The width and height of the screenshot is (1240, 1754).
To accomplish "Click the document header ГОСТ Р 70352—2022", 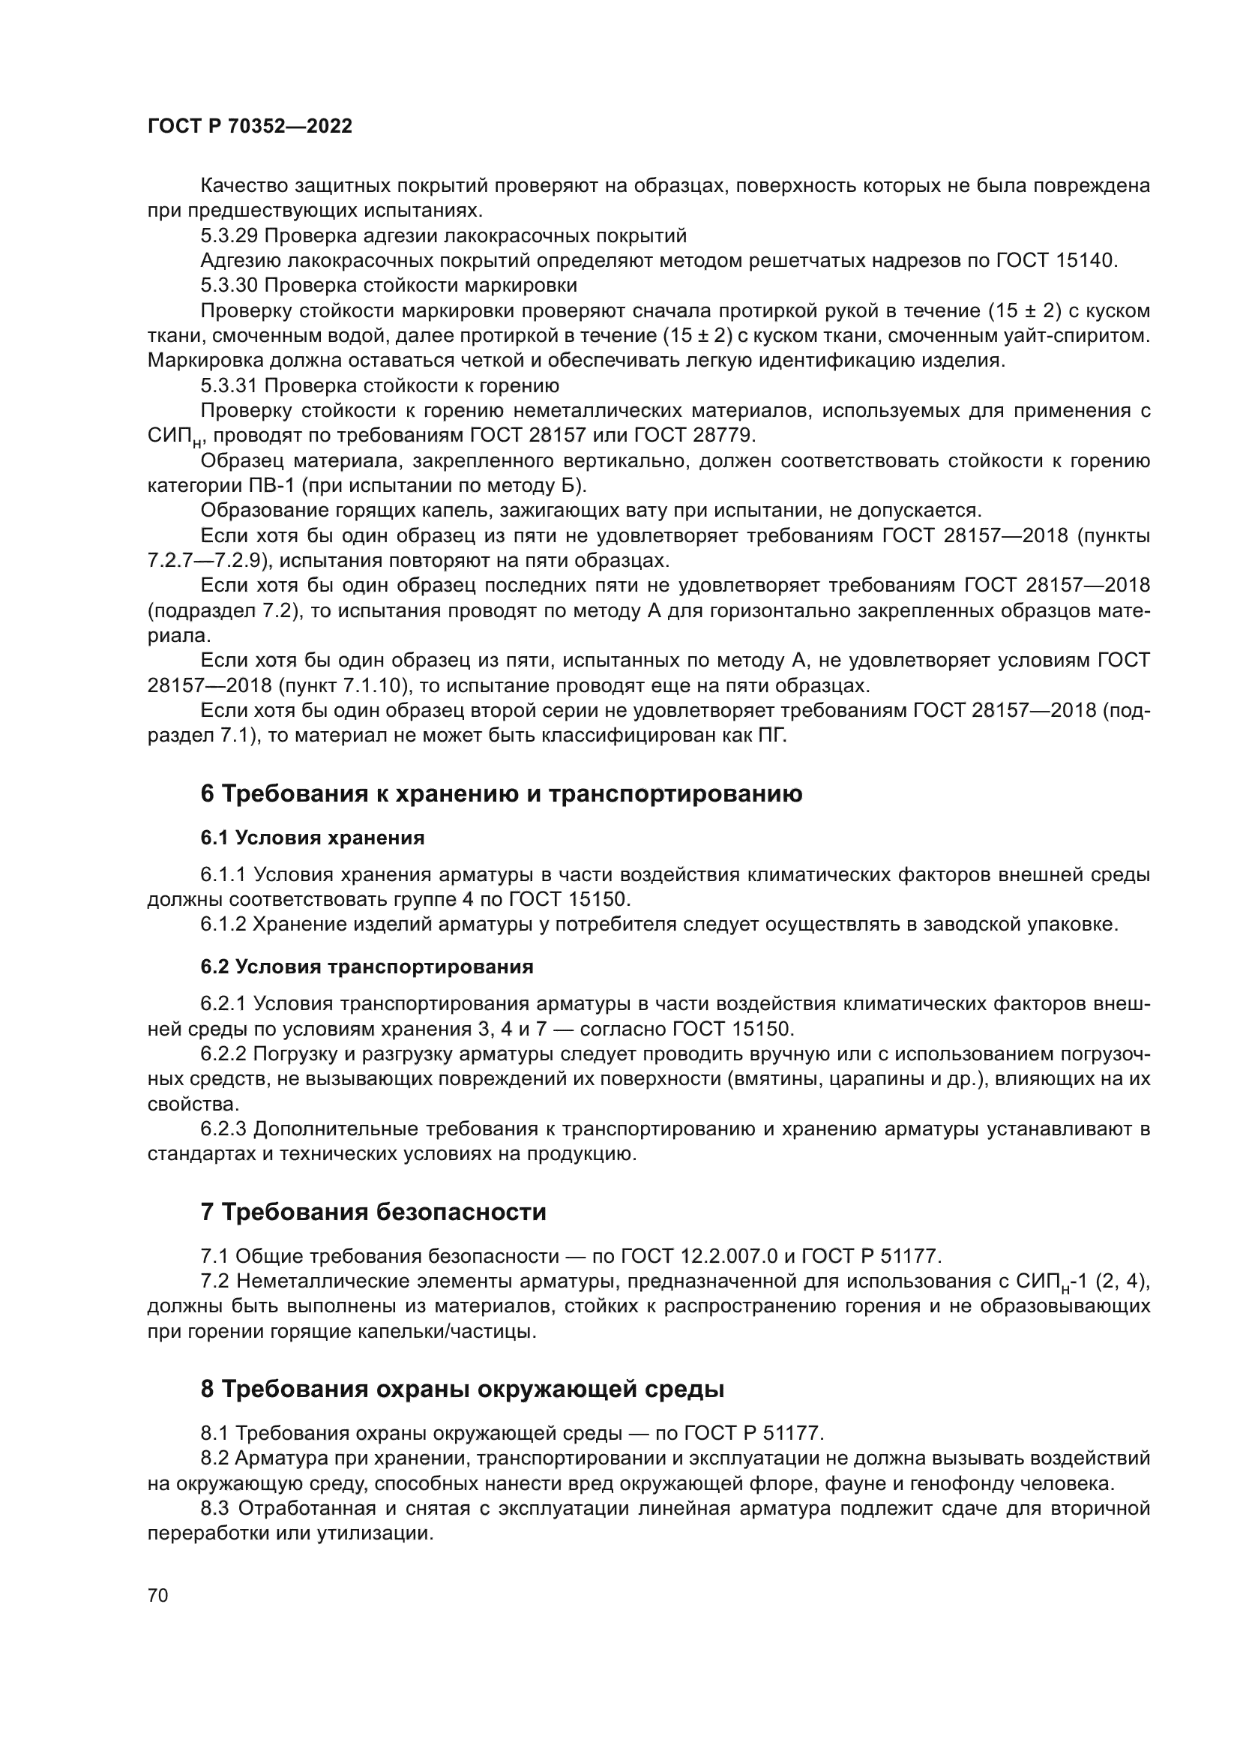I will (x=250, y=127).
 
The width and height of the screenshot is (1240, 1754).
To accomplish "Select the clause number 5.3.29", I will (x=229, y=235).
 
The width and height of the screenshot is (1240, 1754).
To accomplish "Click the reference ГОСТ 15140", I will (x=1057, y=260).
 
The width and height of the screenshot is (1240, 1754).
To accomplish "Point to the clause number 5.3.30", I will (x=229, y=286).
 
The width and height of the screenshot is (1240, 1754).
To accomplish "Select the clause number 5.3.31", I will (x=229, y=385).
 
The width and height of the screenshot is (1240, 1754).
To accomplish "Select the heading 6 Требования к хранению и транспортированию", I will (x=501, y=794).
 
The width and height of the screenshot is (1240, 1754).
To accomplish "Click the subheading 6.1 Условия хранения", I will (x=313, y=838).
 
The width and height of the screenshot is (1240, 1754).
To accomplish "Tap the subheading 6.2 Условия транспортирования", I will (x=367, y=967).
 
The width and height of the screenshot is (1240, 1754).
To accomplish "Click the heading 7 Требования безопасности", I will (x=373, y=1212).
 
